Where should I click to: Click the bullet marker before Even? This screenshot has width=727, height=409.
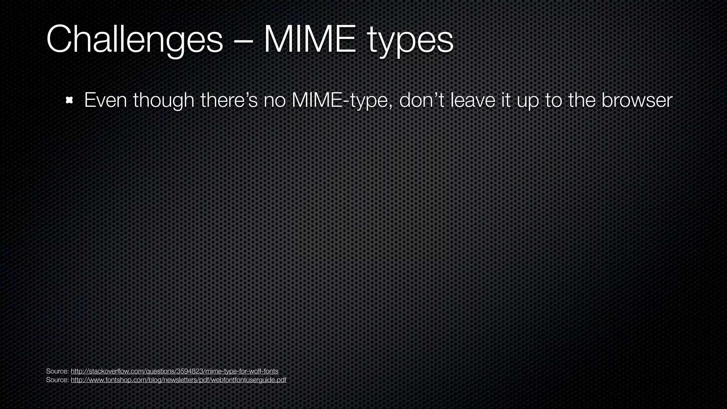pos(69,100)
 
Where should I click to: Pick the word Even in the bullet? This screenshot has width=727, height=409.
pos(105,100)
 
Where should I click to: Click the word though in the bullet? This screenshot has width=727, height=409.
pos(164,101)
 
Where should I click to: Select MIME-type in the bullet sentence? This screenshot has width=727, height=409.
pos(342,101)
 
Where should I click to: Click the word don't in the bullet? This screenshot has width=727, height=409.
pos(422,100)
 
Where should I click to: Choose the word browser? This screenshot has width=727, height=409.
pos(637,100)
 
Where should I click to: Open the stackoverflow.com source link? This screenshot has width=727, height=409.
pos(174,371)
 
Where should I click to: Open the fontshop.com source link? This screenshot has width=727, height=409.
pos(178,380)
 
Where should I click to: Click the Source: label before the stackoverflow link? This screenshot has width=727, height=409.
pos(57,371)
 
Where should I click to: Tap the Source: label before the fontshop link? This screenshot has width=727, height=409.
pos(57,380)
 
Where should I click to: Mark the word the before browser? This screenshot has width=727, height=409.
pos(582,100)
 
